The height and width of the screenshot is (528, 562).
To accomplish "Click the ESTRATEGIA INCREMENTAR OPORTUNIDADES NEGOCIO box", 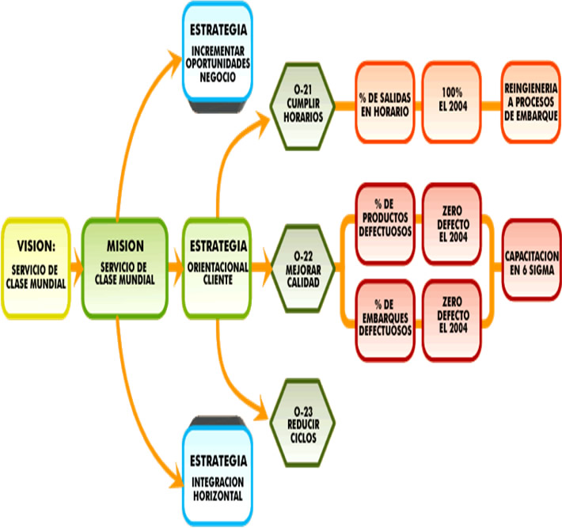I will click(x=218, y=51).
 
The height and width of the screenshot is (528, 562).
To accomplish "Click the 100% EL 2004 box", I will click(x=453, y=104).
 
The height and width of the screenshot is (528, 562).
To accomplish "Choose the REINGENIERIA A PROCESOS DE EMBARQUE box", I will click(x=531, y=104).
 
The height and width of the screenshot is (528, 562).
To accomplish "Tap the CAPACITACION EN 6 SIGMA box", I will click(x=531, y=263).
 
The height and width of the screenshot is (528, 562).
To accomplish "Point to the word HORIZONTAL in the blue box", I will click(x=218, y=496).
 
